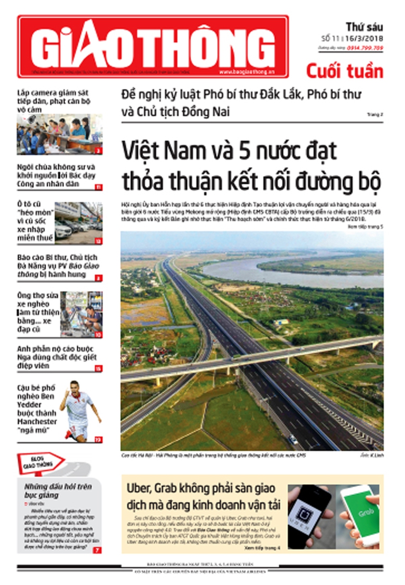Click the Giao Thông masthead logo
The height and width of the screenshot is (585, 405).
click(153, 46)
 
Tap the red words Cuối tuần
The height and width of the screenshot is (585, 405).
click(344, 71)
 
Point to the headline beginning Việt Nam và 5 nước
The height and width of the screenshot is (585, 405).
click(251, 166)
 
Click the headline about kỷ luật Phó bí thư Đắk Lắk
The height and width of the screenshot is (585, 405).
click(241, 103)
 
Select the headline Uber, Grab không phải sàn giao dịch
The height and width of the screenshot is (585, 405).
click(203, 496)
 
